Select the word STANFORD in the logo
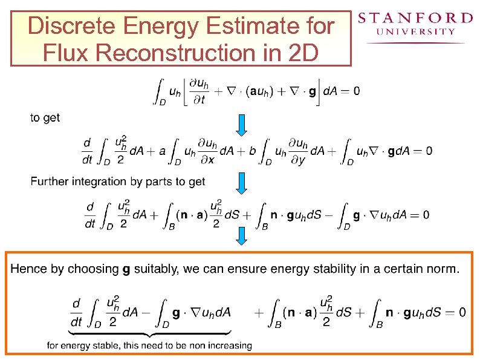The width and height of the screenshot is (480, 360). pos(415,18)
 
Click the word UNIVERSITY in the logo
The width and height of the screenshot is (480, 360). pos(416,31)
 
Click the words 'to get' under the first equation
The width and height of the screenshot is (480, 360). pos(45,117)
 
